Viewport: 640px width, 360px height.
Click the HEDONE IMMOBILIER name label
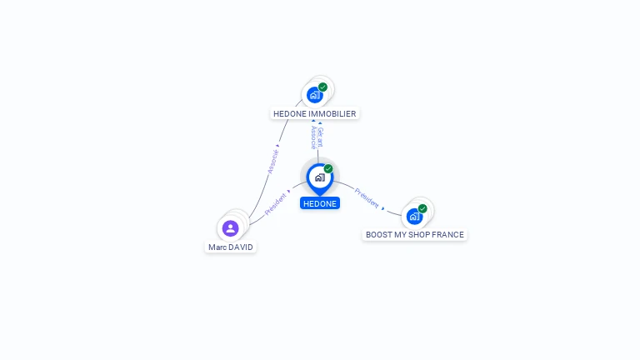[x=315, y=114]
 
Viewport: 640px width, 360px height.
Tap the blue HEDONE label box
[x=320, y=203]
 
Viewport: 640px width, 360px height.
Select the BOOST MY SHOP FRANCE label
[x=415, y=235]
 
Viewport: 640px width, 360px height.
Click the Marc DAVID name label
[x=231, y=247]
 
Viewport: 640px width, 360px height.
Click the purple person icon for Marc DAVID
[x=231, y=228]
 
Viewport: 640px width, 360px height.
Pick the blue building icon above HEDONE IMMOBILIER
[x=315, y=95]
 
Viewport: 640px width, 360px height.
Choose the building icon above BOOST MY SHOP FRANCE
[x=415, y=217]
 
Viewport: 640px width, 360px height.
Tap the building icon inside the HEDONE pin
[x=320, y=177]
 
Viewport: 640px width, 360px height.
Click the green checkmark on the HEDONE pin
[x=328, y=168]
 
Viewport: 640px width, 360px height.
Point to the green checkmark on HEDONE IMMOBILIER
[x=322, y=87]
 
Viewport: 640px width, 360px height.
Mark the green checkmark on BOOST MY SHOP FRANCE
[x=422, y=208]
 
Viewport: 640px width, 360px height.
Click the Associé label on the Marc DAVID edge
[x=272, y=162]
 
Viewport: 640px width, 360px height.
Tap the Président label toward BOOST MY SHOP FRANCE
[x=367, y=198]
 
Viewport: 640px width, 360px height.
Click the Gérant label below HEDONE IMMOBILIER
[x=320, y=137]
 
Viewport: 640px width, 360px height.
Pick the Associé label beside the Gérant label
[x=313, y=137]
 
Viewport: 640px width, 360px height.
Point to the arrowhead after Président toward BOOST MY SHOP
[x=382, y=208]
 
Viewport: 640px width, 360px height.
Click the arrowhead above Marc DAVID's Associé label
[x=277, y=145]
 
